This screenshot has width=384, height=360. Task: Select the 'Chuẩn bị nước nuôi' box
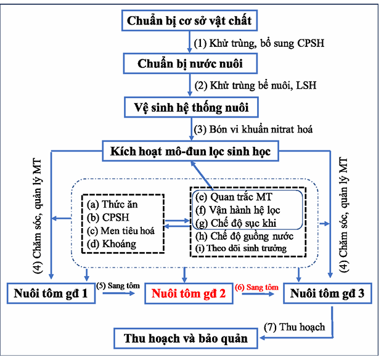pos(190,64)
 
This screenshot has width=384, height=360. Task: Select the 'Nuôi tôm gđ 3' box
pos(328,293)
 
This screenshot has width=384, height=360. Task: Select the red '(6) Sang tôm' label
pos(255,288)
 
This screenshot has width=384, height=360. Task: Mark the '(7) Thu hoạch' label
pos(293,327)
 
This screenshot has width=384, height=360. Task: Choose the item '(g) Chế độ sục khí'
pos(235,223)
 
